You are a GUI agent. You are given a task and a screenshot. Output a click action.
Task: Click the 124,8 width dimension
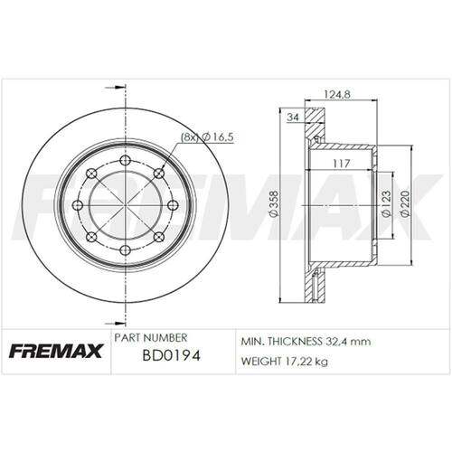pos(337,95)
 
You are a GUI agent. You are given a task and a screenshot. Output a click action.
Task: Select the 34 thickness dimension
pos(293,117)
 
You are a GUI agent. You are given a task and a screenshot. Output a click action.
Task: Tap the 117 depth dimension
pos(342,164)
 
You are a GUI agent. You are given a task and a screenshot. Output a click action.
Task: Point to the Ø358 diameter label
pos(274,203)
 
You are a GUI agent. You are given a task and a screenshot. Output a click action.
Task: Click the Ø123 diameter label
pos(386,203)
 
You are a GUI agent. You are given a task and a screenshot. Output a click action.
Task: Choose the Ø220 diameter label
pos(405,203)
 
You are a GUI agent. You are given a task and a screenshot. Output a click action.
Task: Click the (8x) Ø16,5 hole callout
pos(207,137)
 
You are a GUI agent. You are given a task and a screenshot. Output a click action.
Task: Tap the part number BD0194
pos(171,356)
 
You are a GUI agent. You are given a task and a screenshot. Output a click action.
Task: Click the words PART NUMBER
pos(151,337)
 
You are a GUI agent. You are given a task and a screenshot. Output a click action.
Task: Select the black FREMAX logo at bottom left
pos(56,351)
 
